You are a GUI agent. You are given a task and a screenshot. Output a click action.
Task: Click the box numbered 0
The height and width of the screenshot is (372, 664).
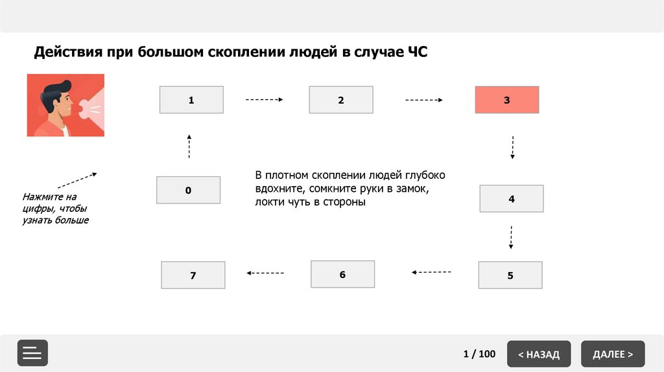click(x=188, y=190)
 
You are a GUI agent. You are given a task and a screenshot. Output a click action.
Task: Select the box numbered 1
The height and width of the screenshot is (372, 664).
click(x=191, y=100)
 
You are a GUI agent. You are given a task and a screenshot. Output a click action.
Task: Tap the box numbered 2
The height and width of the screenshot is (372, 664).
click(x=341, y=100)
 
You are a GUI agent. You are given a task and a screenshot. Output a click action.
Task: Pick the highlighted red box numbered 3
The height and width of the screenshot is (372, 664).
click(x=507, y=100)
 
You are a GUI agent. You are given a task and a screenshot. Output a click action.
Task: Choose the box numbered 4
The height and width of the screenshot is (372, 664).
click(x=512, y=198)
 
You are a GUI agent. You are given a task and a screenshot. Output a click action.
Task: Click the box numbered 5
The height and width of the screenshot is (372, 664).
click(x=510, y=275)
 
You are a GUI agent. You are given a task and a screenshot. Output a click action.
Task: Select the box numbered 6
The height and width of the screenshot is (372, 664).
click(x=342, y=273)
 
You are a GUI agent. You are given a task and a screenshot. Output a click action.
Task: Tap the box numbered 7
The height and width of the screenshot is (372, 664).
click(x=193, y=275)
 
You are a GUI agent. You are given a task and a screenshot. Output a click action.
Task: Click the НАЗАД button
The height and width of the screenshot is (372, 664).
click(x=539, y=354)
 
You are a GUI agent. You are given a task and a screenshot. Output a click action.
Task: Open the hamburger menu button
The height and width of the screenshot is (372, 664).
click(x=32, y=353)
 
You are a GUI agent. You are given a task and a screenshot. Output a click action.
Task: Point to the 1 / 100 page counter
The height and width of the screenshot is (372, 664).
click(x=479, y=354)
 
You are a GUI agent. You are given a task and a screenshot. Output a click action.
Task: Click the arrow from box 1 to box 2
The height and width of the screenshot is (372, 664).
click(x=265, y=100)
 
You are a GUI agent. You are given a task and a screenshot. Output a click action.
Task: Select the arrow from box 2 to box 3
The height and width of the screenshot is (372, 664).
click(x=424, y=100)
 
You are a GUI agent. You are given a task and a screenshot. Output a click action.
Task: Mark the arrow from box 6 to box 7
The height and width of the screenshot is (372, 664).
click(x=265, y=273)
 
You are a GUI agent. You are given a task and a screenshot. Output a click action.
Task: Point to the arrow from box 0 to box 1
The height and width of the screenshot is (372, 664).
click(x=189, y=146)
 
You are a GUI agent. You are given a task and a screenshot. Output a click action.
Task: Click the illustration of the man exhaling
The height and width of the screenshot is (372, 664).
click(x=65, y=105)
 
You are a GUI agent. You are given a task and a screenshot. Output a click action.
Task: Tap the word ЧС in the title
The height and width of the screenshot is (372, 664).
click(x=417, y=52)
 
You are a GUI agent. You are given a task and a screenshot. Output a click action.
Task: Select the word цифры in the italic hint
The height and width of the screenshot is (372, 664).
click(x=38, y=208)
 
